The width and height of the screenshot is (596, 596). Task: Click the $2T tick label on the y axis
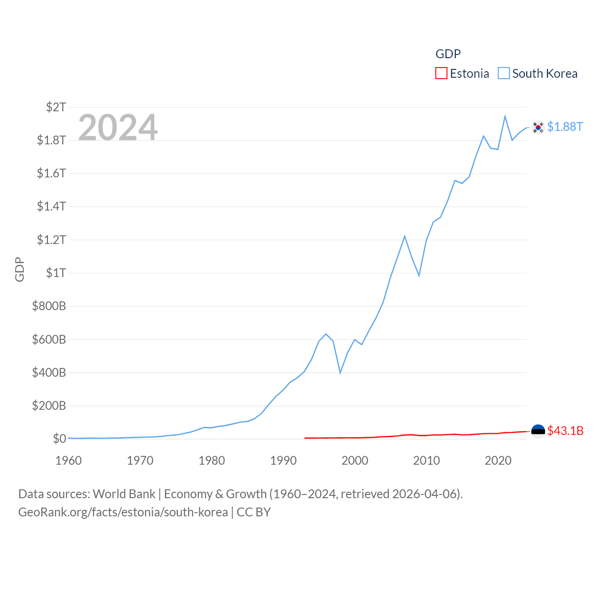(56, 107)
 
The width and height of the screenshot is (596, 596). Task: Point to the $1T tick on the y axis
(56, 273)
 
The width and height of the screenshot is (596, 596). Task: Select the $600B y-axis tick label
(49, 339)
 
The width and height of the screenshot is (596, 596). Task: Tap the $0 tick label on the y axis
(60, 439)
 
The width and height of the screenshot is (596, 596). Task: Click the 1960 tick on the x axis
(68, 461)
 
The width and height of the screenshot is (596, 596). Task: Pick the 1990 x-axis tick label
(283, 461)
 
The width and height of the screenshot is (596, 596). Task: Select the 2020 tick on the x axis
(498, 461)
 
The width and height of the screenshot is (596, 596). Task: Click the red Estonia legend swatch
(441, 74)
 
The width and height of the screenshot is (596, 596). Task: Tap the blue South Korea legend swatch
(504, 74)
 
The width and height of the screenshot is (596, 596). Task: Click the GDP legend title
(448, 54)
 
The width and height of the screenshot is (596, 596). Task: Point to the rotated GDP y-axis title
(20, 269)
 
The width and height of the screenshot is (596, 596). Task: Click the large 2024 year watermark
(118, 128)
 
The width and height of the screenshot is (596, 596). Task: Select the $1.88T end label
(565, 127)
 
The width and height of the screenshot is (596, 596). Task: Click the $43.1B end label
(565, 431)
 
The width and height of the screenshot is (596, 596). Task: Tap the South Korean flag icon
(538, 127)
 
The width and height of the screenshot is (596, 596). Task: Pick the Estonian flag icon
(538, 431)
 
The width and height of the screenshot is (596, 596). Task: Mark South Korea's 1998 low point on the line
(340, 372)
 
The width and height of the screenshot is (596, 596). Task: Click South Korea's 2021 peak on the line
(505, 116)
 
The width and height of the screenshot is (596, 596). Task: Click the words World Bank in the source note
(124, 494)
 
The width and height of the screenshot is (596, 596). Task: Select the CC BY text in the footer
(253, 512)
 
